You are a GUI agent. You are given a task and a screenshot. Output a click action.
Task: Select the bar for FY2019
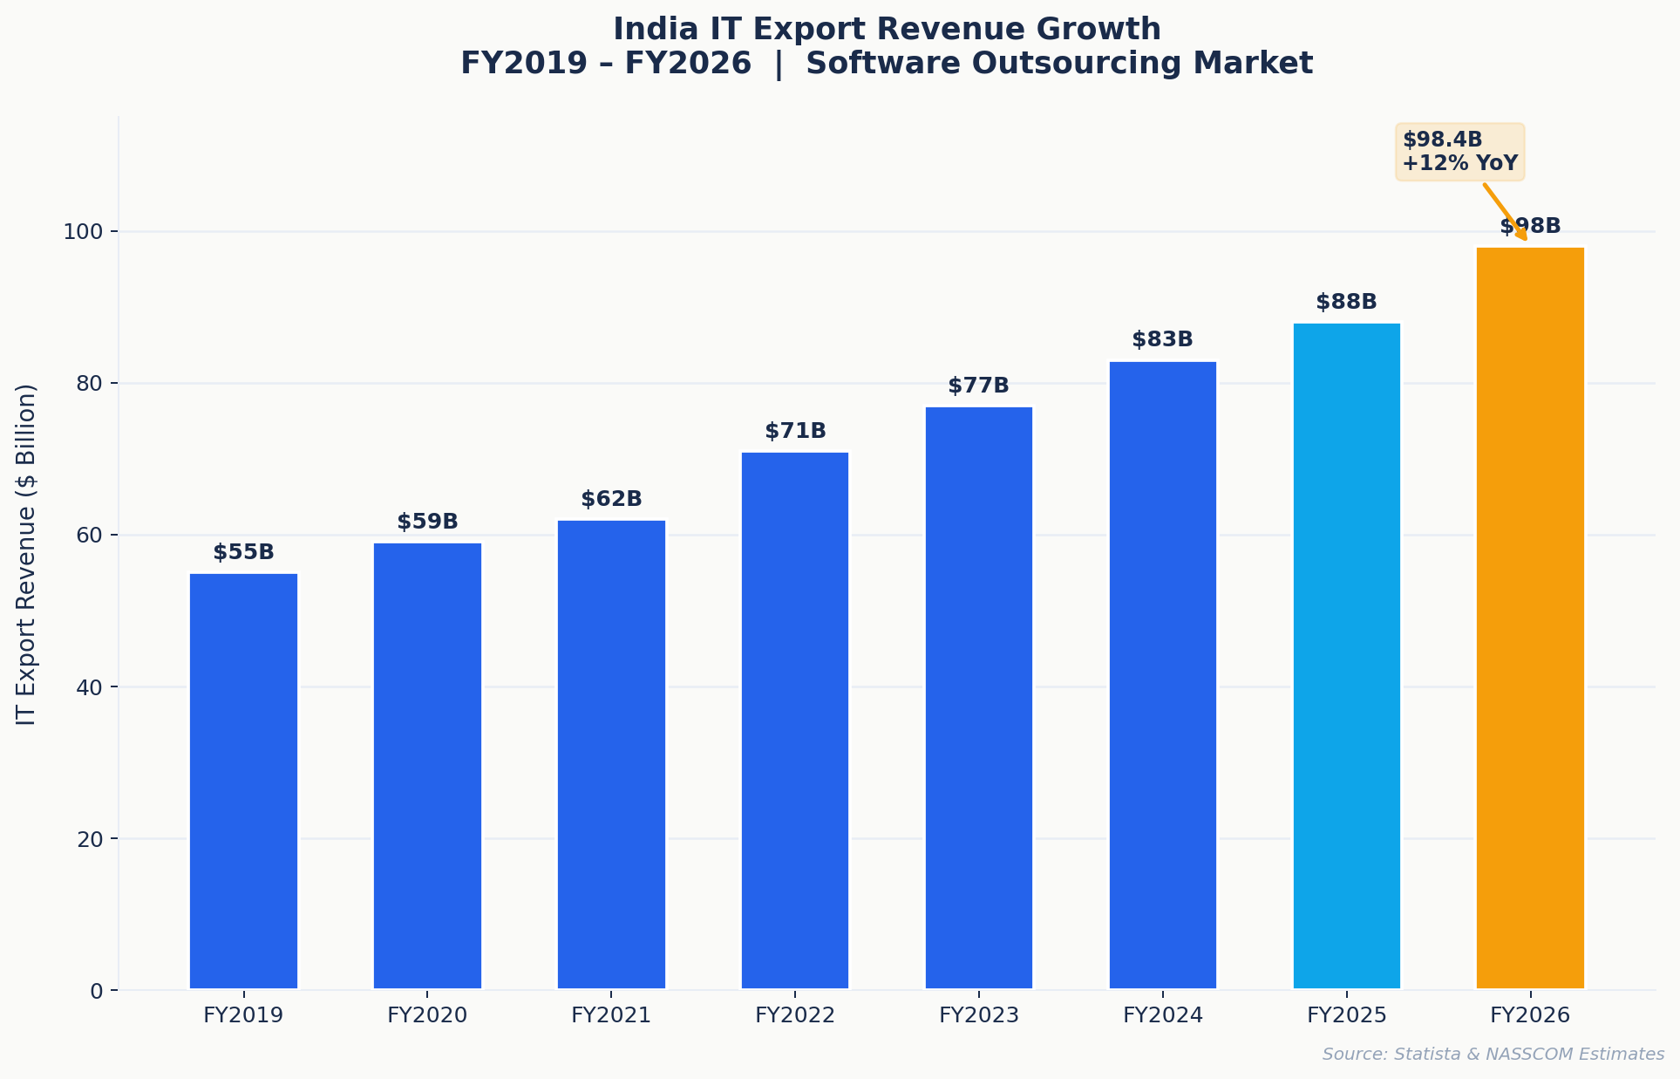click(x=243, y=781)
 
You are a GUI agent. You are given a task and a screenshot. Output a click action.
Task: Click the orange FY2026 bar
click(x=1530, y=618)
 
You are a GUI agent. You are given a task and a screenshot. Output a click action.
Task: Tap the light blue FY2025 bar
click(x=1346, y=656)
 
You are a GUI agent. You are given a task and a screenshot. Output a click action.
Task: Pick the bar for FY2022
click(x=795, y=720)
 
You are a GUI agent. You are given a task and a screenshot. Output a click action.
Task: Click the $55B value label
click(x=243, y=552)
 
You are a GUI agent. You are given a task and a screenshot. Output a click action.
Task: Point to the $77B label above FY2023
click(x=978, y=386)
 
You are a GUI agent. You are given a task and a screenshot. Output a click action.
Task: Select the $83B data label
click(x=1162, y=340)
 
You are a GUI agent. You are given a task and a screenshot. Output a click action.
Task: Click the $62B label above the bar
click(x=611, y=499)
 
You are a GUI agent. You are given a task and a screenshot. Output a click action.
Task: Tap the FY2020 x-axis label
click(x=427, y=1015)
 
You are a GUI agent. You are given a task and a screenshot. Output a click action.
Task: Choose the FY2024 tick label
click(x=1162, y=1015)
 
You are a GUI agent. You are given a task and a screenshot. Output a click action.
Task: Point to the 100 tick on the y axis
click(x=83, y=232)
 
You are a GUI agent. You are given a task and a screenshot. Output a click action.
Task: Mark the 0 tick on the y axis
click(x=97, y=991)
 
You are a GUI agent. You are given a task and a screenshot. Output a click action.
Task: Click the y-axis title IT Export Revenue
click(x=26, y=555)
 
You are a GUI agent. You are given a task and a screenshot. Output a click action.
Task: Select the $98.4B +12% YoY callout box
click(x=1460, y=152)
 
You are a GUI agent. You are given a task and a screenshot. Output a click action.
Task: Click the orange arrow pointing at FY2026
click(x=1505, y=212)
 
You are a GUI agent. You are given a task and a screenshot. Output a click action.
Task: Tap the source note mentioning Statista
click(x=1493, y=1054)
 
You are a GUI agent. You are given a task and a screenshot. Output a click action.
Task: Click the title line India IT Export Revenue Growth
click(x=887, y=30)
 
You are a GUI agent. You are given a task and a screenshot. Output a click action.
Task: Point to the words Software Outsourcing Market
click(x=1059, y=64)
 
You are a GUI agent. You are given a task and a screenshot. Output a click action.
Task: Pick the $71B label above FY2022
click(x=795, y=431)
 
